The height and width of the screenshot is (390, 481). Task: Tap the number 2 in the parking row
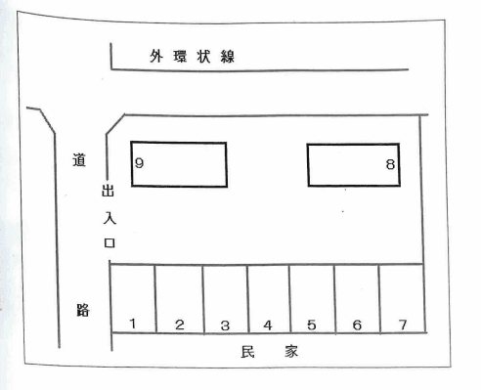(179, 324)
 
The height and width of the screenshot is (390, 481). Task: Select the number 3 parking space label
(225, 325)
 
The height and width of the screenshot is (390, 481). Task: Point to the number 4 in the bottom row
(268, 325)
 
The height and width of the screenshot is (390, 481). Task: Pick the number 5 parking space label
(311, 325)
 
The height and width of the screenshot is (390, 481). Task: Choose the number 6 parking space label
(357, 325)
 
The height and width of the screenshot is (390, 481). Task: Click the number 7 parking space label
(401, 324)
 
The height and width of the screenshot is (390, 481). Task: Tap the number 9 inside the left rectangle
(140, 163)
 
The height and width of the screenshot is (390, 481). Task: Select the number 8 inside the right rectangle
(389, 165)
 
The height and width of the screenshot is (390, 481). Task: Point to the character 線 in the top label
(228, 58)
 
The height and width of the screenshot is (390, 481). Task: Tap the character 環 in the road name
(180, 58)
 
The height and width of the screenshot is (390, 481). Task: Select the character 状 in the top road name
(203, 58)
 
